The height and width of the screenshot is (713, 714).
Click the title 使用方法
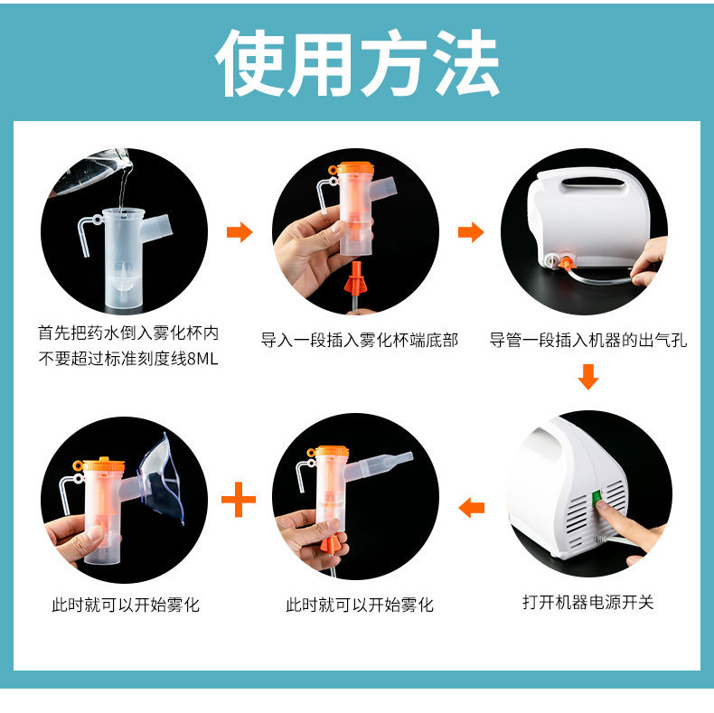(358, 63)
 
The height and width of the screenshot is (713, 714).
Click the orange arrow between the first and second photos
(240, 231)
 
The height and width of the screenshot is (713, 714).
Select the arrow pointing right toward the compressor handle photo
(471, 231)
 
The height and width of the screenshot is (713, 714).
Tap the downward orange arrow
(587, 377)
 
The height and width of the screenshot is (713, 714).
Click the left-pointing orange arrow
(471, 508)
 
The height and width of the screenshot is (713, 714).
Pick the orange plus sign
(239, 500)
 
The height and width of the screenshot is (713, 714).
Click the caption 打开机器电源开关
(587, 602)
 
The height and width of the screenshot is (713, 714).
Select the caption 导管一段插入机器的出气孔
(587, 340)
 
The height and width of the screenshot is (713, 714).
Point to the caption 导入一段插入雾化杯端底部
(360, 340)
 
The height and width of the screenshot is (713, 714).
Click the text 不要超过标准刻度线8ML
(128, 359)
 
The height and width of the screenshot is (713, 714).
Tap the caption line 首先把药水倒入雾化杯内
(128, 333)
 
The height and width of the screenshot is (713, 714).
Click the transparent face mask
(162, 481)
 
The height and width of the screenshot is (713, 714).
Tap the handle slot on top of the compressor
(592, 183)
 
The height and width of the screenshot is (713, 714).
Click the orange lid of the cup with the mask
(105, 464)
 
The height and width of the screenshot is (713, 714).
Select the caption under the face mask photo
(126, 605)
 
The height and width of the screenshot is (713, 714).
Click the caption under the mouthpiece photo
(360, 605)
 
